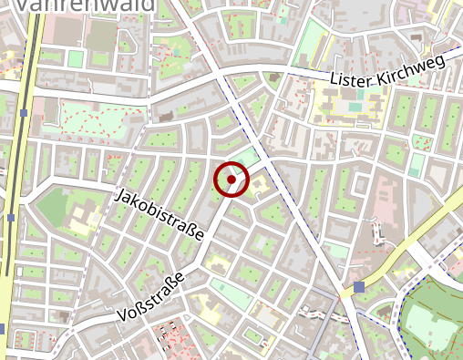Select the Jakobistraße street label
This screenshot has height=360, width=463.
tap(159, 215)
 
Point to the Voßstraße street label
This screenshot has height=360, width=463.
tap(152, 297)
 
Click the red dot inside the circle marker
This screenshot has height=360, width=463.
tap(231, 180)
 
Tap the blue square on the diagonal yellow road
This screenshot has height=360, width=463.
tap(360, 287)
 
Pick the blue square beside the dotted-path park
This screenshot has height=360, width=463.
tap(23, 113)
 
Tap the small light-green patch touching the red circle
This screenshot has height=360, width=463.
tap(248, 157)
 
